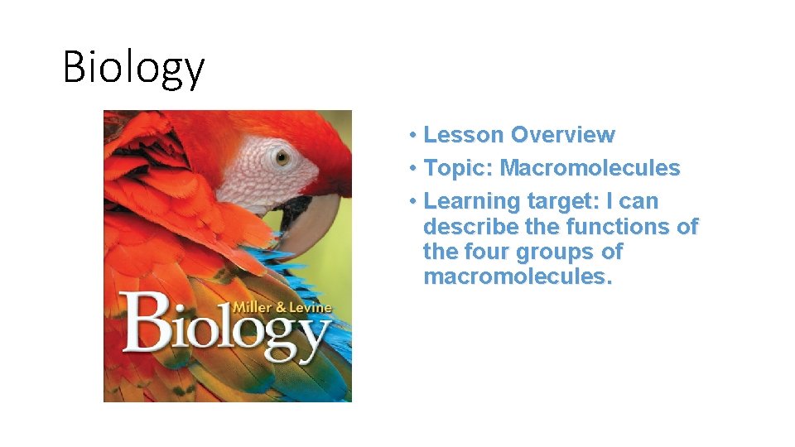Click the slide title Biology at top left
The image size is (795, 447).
133,68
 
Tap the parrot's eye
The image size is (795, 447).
282,156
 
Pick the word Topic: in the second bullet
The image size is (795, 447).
458,168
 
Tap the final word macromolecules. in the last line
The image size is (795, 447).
518,276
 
